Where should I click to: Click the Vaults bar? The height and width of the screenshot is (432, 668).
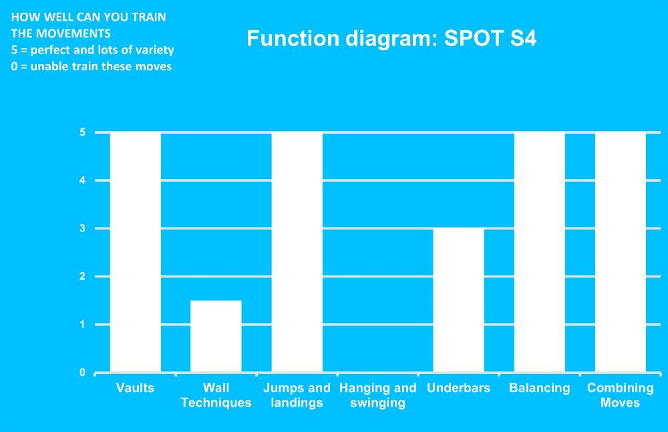pyautogui.click(x=136, y=253)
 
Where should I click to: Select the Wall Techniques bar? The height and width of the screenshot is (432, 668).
pyautogui.click(x=216, y=336)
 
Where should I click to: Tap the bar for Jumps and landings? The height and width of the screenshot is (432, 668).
pyautogui.click(x=297, y=253)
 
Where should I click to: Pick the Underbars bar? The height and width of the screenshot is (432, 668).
pyautogui.click(x=458, y=300)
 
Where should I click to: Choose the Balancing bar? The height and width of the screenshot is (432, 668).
pyautogui.click(x=539, y=253)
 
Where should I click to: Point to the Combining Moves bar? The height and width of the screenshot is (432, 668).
pyautogui.click(x=621, y=253)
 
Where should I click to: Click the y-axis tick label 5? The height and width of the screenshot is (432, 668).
pyautogui.click(x=82, y=132)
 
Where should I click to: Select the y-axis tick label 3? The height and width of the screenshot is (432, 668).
pyautogui.click(x=82, y=229)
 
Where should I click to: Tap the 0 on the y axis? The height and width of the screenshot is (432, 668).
pyautogui.click(x=82, y=372)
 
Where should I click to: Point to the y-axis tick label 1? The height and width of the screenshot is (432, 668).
pyautogui.click(x=82, y=324)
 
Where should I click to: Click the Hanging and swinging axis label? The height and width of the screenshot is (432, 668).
pyautogui.click(x=378, y=395)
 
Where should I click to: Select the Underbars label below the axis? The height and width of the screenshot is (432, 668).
pyautogui.click(x=458, y=388)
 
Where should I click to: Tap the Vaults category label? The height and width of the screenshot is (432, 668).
pyautogui.click(x=135, y=388)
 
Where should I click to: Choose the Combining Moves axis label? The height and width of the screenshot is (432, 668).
pyautogui.click(x=621, y=395)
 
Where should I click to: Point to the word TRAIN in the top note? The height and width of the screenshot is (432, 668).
pyautogui.click(x=149, y=17)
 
